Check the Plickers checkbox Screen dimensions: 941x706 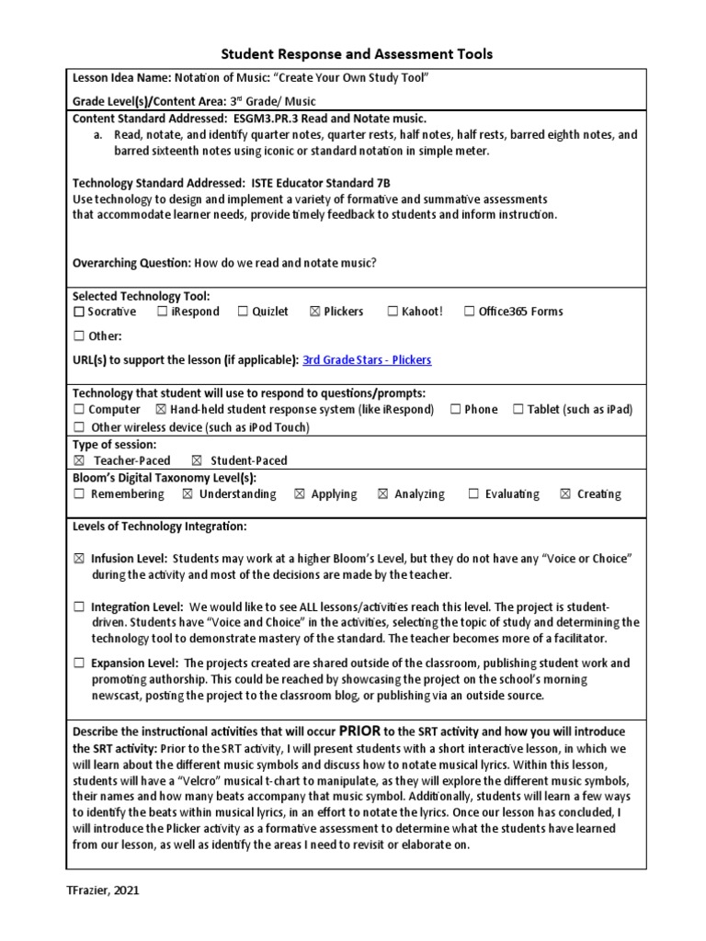(x=315, y=312)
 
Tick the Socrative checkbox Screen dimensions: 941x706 (x=79, y=312)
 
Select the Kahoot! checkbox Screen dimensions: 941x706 (x=393, y=312)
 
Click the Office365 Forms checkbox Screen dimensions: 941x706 (x=470, y=312)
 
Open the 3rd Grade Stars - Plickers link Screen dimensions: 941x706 (x=367, y=360)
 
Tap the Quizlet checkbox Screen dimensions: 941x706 (x=244, y=312)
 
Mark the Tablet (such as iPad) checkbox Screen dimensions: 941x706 (x=518, y=410)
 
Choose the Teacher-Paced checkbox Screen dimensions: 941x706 (x=79, y=460)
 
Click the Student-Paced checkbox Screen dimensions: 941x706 (x=196, y=460)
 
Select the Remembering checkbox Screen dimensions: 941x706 (x=79, y=494)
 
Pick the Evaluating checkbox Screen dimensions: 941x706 (x=473, y=494)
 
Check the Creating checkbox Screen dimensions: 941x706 (x=564, y=494)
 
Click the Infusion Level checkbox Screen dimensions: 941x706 (x=79, y=559)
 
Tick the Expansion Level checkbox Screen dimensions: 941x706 (x=79, y=663)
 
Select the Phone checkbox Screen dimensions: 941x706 (x=456, y=410)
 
